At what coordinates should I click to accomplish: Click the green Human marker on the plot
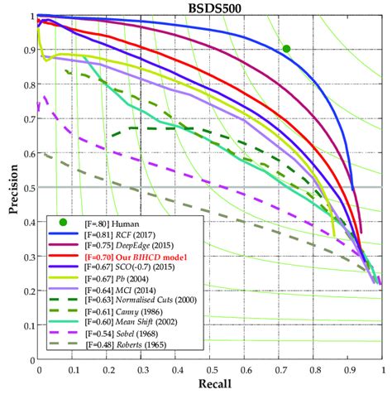point(286,49)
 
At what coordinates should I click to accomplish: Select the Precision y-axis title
point(12,190)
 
